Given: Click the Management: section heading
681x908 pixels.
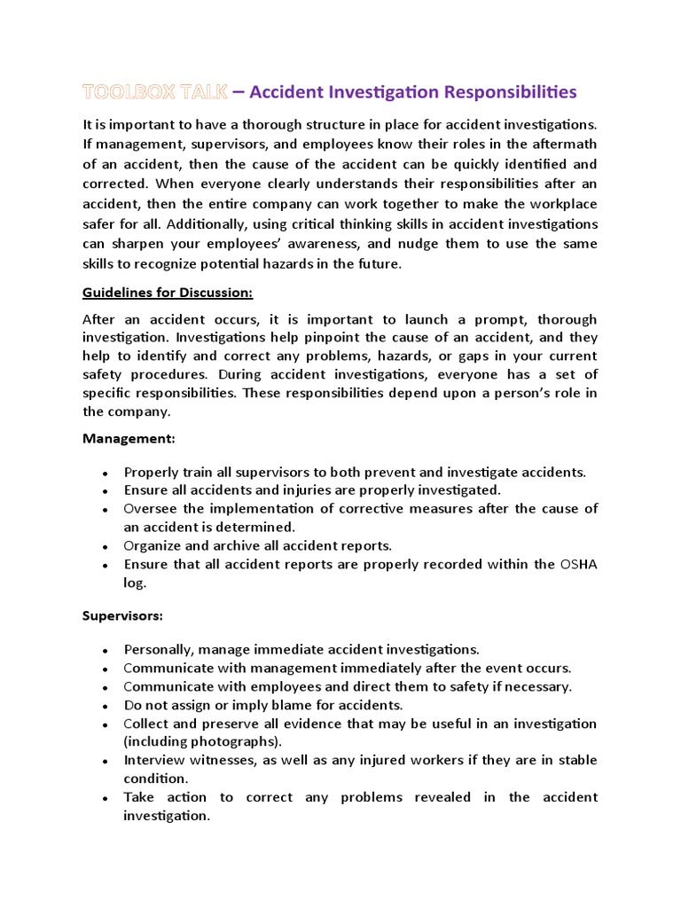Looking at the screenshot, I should [x=129, y=438].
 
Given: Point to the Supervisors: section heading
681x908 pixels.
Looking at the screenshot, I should [x=122, y=614].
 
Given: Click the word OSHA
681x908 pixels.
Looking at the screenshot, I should [x=577, y=565].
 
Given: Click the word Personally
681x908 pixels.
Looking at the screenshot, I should [x=160, y=650].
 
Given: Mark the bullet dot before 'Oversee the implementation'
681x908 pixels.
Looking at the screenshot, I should [x=106, y=510].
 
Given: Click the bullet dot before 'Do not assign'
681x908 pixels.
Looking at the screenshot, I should [x=106, y=707].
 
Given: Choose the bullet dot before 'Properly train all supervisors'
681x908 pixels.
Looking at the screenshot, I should [x=106, y=474].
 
